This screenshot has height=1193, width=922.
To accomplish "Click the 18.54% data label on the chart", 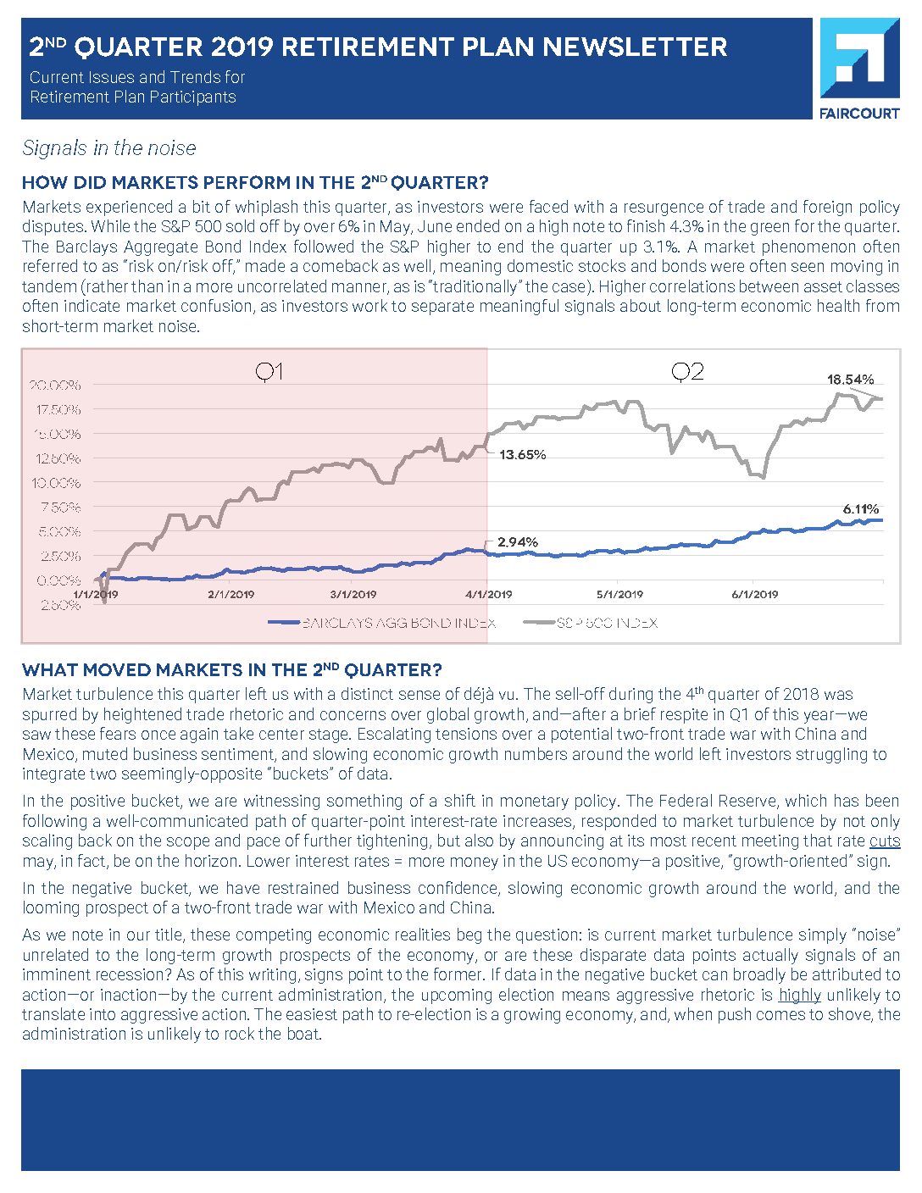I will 850,380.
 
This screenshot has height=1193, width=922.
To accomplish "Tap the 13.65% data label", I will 522,455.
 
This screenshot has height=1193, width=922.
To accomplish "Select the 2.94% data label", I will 517,542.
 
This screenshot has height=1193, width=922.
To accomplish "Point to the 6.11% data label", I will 860,509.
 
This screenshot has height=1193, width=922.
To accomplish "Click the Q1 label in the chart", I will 269,372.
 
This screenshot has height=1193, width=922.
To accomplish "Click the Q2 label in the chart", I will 687,372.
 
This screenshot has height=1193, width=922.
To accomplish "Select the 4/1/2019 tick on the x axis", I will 489,595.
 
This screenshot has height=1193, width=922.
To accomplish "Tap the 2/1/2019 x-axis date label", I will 230,595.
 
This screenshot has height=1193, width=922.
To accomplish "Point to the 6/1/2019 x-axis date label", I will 754,595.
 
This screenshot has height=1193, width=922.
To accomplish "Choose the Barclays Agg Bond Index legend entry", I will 381,623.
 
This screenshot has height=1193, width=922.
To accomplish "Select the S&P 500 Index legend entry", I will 592,623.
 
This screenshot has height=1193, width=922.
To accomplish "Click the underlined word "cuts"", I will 885,841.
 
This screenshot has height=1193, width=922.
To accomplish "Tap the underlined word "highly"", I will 799,995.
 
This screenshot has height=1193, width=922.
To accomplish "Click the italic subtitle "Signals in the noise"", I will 109,148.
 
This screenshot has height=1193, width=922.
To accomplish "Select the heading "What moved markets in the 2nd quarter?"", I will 232,670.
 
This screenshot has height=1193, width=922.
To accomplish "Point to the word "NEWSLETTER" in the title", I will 635,47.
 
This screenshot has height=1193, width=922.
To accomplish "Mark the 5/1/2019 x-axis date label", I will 619,595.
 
